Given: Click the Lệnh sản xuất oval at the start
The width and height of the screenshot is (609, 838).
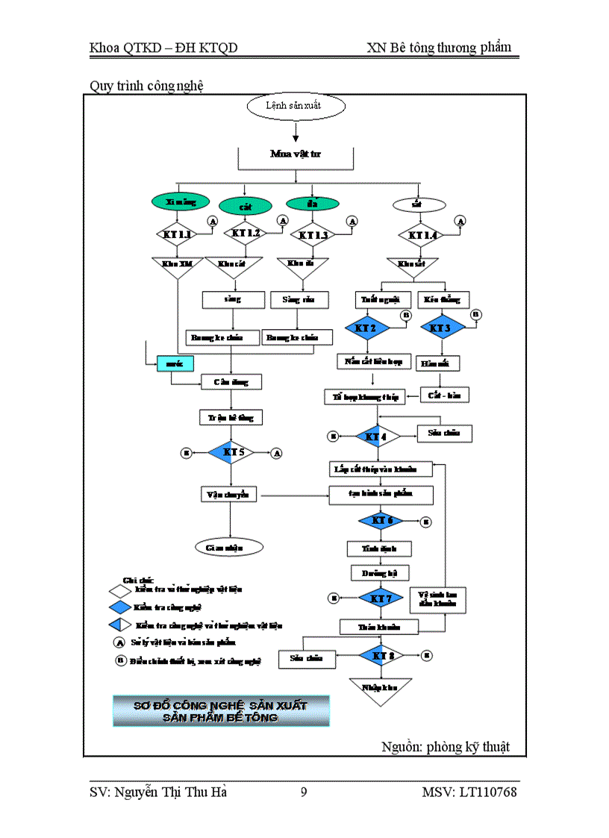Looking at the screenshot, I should point(296,106).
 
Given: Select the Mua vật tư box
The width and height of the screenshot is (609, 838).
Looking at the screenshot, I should point(296,154).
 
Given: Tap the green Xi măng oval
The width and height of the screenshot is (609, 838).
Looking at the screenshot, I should point(177,202).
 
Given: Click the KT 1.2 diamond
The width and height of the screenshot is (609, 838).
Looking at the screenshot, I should point(245,234).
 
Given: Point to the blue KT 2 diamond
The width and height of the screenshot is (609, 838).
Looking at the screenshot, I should point(365,328).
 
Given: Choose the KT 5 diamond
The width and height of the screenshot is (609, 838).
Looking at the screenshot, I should point(231,452).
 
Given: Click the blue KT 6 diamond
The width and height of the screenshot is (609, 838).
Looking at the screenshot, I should point(381,520).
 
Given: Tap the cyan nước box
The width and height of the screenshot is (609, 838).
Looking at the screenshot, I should point(175,363).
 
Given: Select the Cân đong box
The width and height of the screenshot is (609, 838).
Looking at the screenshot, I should point(231,382).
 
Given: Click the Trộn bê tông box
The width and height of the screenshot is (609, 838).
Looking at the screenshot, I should point(231,417).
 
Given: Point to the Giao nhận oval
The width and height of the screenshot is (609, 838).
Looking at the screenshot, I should point(230,547).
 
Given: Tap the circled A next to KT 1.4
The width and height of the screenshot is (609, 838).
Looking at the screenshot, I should point(460,221).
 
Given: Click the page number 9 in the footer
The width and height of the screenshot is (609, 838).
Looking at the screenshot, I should point(304,792).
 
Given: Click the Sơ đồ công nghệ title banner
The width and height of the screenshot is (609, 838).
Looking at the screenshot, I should point(220,711).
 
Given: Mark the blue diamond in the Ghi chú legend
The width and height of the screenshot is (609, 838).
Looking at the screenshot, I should point(121,607).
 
